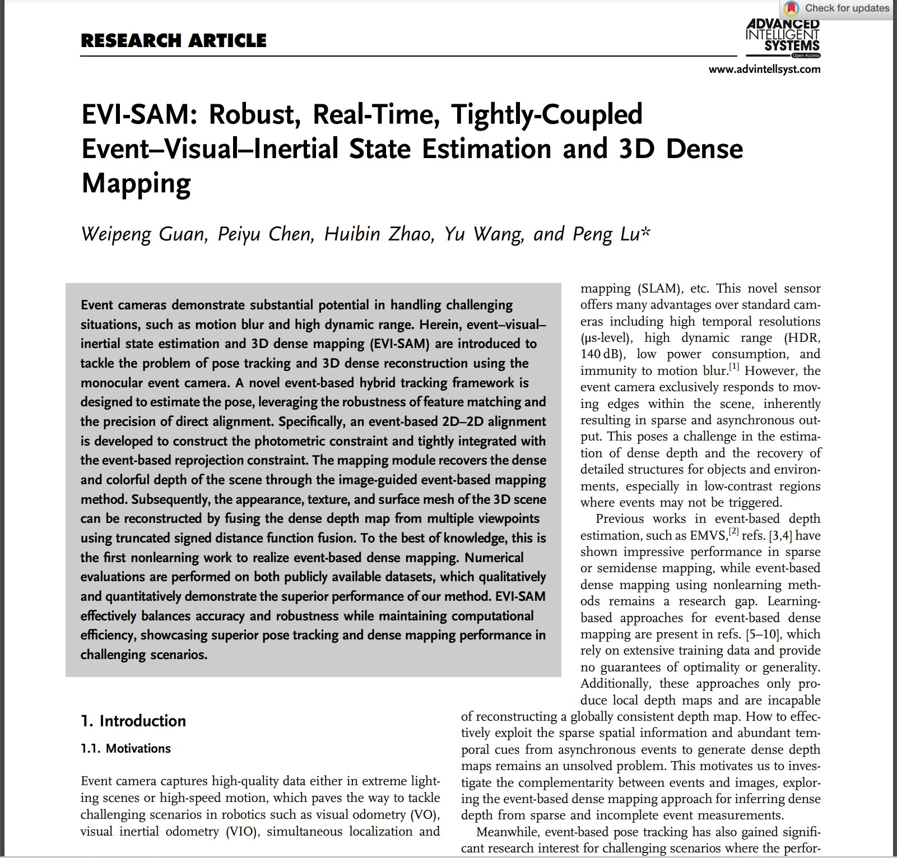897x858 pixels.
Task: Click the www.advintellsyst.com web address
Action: point(764,69)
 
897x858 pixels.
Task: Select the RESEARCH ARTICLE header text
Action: point(174,41)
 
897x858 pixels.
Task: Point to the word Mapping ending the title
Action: point(136,183)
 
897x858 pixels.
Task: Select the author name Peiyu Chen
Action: point(264,234)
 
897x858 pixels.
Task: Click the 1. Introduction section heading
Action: point(133,721)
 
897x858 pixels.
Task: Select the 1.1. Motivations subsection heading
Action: point(126,749)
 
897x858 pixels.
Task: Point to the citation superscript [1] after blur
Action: point(734,367)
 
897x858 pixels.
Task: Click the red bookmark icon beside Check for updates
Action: point(791,8)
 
